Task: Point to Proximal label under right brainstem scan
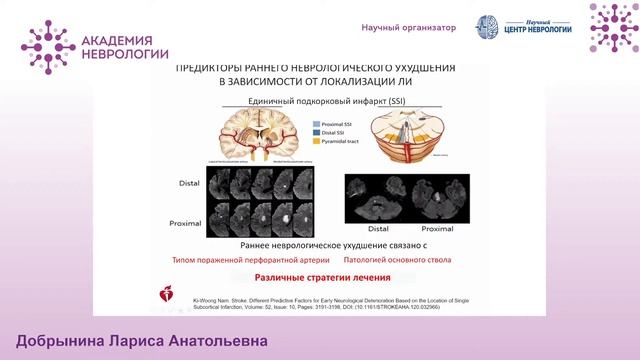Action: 423,229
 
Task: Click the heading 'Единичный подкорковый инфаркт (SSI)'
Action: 318,102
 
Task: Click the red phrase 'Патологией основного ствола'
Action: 410,258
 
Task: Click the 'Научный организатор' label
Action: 408,28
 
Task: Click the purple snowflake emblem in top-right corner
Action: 613,27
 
